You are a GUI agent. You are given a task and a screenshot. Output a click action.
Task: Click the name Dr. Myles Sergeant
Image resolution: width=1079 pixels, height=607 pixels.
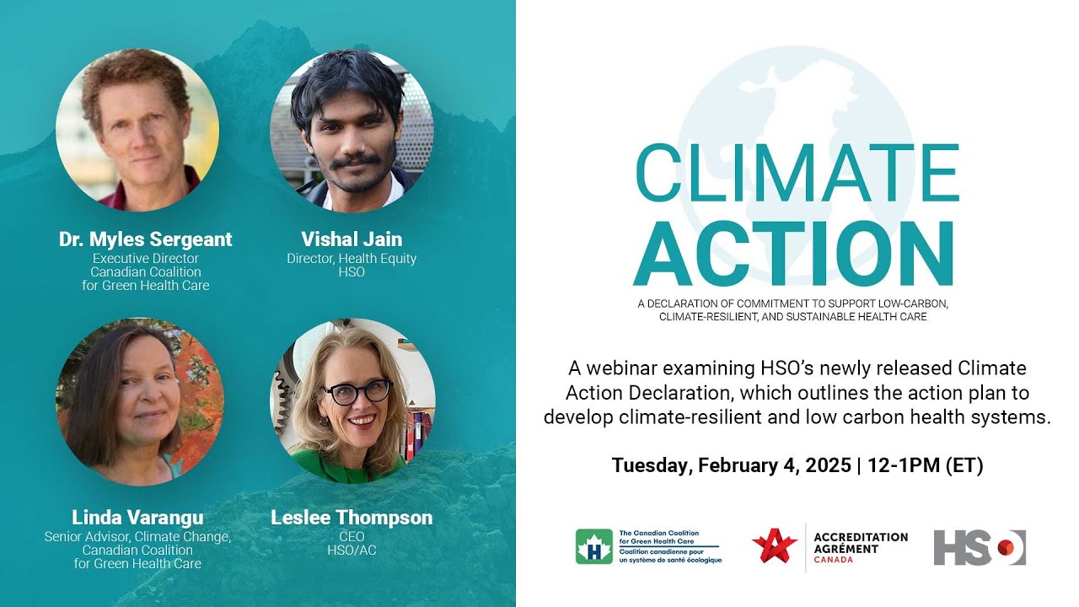tap(145, 239)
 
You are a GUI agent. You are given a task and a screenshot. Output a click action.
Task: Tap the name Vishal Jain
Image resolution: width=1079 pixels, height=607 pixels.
tap(352, 239)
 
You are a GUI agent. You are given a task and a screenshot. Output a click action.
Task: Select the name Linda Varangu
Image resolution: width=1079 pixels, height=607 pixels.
tap(137, 517)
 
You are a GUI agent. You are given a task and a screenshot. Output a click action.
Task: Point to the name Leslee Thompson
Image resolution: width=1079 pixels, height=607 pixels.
tap(352, 517)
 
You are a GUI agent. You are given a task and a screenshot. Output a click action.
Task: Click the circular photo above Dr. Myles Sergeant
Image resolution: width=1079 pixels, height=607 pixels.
tap(137, 129)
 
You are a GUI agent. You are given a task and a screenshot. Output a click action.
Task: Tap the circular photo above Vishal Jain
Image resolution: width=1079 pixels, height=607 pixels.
tap(352, 129)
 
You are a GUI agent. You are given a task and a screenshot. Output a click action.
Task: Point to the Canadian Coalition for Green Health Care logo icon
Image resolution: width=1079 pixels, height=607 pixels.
tap(593, 546)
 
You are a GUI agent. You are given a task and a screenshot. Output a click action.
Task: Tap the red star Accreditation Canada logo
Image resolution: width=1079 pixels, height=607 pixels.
tap(774, 546)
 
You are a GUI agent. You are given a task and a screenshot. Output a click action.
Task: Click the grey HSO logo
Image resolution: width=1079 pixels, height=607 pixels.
tap(979, 547)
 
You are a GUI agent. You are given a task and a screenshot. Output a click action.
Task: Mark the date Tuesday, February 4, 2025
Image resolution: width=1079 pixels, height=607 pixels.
tap(731, 465)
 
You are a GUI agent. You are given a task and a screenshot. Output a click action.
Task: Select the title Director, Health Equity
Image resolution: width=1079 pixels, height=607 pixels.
tap(352, 259)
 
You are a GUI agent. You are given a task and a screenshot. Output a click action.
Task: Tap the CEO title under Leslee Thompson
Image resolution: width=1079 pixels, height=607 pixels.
tap(352, 536)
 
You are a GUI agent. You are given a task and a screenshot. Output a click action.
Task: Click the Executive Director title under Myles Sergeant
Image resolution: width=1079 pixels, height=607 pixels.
tap(146, 259)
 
